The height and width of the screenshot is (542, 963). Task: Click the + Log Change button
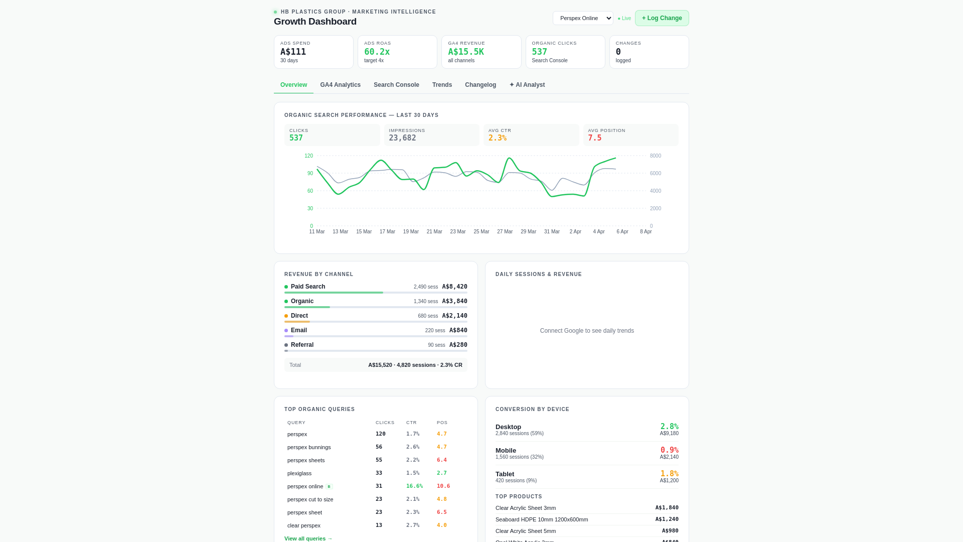[662, 18]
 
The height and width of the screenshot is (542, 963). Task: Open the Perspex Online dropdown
[583, 18]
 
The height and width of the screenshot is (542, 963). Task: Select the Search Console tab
[396, 85]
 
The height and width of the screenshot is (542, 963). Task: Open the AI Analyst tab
[527, 85]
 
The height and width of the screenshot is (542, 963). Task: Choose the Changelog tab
[480, 85]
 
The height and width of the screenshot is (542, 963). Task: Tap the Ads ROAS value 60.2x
[377, 52]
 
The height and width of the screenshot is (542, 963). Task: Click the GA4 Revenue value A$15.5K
[465, 52]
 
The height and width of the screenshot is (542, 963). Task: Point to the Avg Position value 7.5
[594, 138]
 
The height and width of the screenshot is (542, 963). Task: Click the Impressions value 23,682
[402, 138]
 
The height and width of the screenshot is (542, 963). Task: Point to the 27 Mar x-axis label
[505, 232]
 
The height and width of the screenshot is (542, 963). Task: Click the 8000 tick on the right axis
[655, 156]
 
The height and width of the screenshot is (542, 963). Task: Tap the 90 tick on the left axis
[310, 174]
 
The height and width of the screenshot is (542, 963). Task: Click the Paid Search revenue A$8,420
[454, 287]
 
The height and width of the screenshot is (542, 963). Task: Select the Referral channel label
[302, 345]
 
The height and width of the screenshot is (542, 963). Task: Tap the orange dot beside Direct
[286, 316]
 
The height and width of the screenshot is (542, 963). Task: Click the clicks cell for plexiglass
[379, 473]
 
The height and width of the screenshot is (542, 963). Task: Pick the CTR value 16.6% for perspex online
[414, 486]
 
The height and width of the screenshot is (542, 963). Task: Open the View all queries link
[308, 538]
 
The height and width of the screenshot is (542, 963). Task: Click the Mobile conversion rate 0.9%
[669, 450]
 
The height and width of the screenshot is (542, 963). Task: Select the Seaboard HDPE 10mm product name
[542, 519]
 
